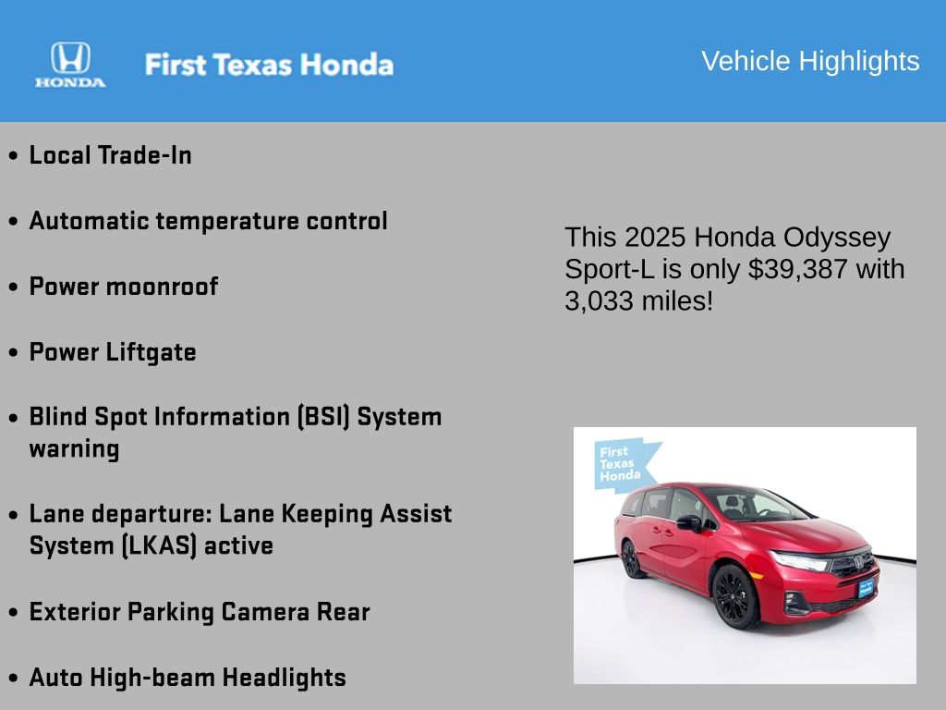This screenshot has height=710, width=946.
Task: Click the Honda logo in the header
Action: point(70,65)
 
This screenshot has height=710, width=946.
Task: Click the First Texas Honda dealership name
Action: point(269,65)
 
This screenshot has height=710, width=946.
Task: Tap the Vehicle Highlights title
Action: point(810,62)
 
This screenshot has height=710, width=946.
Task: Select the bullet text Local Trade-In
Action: point(111,155)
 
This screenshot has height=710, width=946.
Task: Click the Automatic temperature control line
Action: point(208,221)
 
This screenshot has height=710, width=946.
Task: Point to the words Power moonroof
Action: point(124,287)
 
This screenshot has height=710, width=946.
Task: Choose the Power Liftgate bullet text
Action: point(113,352)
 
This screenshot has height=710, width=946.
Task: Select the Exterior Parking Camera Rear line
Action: point(200,612)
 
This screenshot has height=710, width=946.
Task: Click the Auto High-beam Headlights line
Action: point(188,678)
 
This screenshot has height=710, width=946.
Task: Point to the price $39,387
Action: point(797,269)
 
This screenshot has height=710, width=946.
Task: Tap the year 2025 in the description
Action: point(655,238)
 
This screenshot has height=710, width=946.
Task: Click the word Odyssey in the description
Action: point(837,238)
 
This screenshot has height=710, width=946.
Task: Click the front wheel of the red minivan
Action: point(734,596)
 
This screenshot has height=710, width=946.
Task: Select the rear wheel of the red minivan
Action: point(631,559)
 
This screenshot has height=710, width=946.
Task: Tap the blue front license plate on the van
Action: point(866,587)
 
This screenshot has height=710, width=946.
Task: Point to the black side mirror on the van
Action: point(690,523)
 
